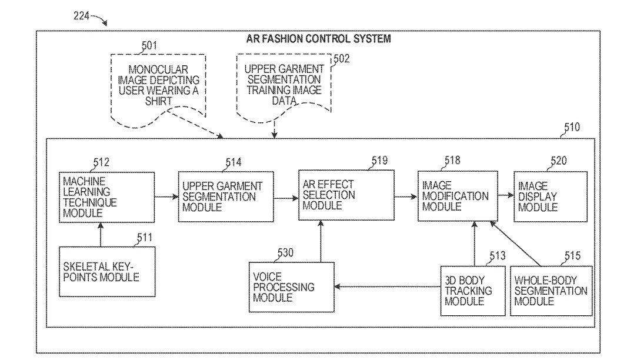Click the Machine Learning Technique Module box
coord(107,197)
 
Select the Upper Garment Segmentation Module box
coord(226,197)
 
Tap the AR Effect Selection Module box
coord(346,195)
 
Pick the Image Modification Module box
coord(458,196)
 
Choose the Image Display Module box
coord(551,196)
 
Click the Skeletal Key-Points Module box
coord(107,272)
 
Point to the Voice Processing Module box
coord(292,287)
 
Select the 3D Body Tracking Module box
coord(473,291)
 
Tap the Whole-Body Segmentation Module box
coord(551,291)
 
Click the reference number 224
coord(81,16)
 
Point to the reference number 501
coord(149,46)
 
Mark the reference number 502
coord(342,59)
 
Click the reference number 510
coord(572,127)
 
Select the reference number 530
coord(285,253)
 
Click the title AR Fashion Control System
coord(318,39)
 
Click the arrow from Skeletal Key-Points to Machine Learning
coord(101,234)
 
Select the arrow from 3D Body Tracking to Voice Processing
coord(388,286)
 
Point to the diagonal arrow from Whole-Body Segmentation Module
coord(515,244)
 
